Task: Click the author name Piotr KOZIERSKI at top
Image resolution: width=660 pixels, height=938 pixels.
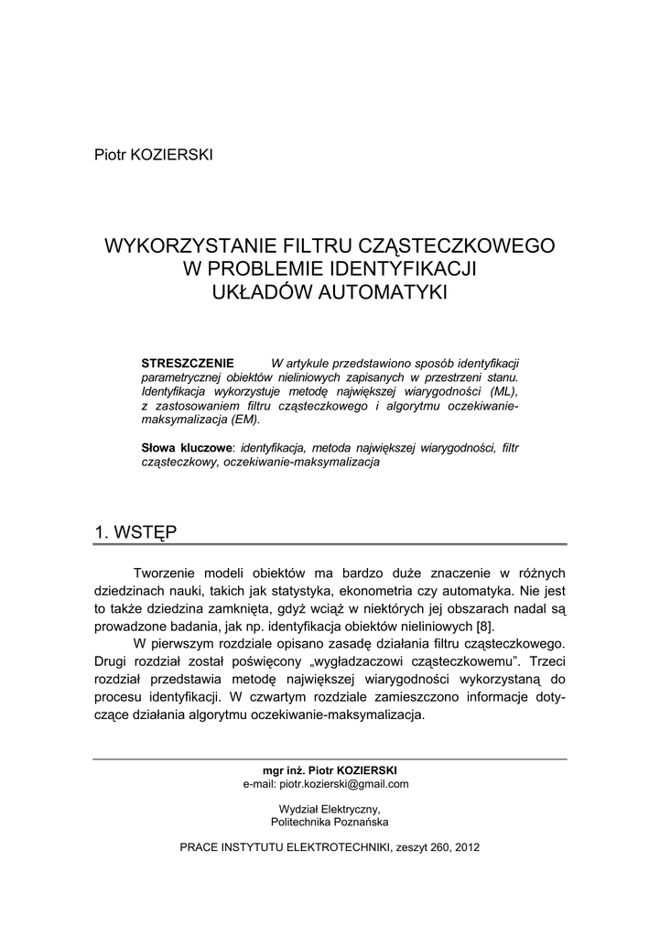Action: (153, 154)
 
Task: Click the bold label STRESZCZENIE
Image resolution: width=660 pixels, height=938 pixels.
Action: (188, 363)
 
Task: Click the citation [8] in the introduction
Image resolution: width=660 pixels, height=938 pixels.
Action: (484, 627)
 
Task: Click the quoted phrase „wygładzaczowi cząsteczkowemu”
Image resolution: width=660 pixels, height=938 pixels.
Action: (439, 661)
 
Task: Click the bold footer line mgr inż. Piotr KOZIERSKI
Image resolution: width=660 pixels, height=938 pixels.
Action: (330, 770)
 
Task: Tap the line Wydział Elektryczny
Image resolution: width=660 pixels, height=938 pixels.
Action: (330, 809)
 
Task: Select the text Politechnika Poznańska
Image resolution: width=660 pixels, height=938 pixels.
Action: (330, 822)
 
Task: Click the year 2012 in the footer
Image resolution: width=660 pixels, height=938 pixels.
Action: (466, 847)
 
